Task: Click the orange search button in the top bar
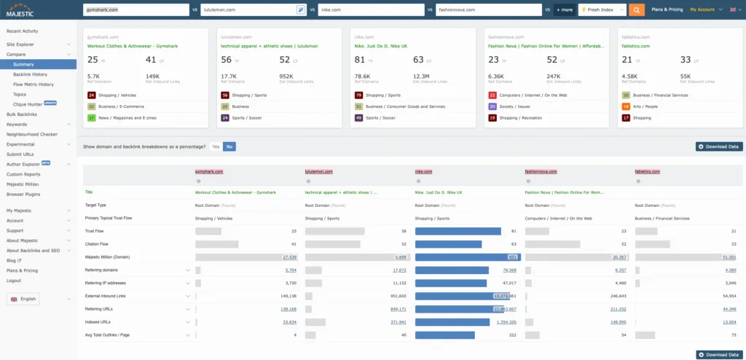pos(636,9)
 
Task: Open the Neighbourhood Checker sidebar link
pos(31,134)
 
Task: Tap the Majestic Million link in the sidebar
pos(24,184)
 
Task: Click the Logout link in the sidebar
pos(14,280)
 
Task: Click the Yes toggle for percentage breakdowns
pos(216,146)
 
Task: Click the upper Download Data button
pos(718,146)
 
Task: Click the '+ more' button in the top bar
pos(564,9)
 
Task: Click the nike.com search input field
pos(372,9)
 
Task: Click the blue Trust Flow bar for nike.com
pos(458,231)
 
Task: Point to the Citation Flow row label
pos(97,244)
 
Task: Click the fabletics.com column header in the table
pos(647,171)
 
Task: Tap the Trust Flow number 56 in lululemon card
pos(227,59)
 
